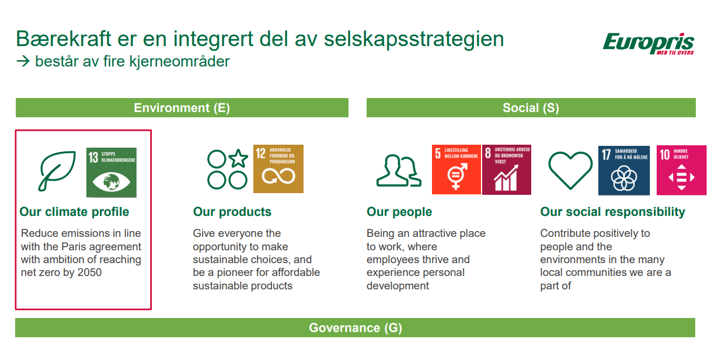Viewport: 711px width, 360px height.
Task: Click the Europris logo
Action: [648, 44]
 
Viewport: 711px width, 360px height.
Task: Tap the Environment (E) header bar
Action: [182, 108]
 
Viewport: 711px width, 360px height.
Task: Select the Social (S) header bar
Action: [531, 108]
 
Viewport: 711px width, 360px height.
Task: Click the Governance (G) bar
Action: [355, 328]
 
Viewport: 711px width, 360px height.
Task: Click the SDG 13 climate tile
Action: [111, 172]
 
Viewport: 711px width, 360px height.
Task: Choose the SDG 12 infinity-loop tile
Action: [278, 169]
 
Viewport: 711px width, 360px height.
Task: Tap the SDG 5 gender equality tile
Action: [456, 169]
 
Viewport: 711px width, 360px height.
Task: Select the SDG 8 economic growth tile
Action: [507, 170]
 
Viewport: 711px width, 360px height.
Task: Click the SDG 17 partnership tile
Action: [624, 170]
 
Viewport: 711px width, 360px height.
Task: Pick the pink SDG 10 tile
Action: [681, 170]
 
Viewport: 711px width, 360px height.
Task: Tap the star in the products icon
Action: [238, 158]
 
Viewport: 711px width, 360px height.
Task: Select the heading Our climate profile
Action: [74, 212]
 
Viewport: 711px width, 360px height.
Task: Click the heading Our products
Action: [232, 212]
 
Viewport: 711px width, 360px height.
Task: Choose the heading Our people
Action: [399, 212]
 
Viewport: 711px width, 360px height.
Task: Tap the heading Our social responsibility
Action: [612, 212]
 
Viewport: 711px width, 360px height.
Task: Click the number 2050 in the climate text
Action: [89, 272]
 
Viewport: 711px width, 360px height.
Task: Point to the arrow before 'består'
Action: [23, 61]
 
